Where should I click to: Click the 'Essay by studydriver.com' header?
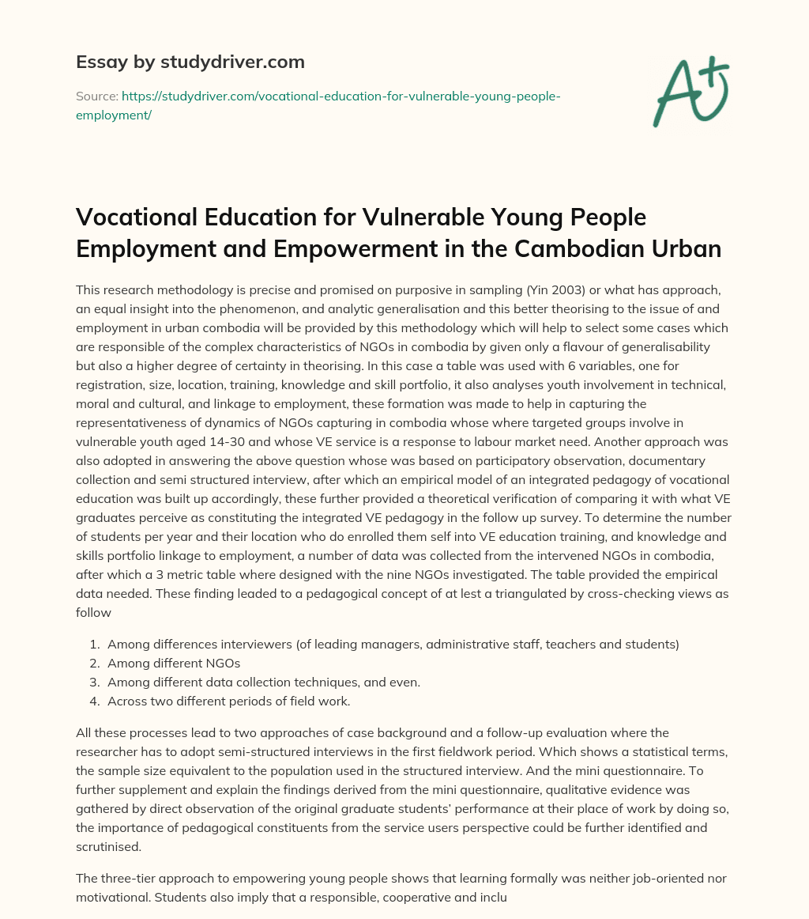coord(190,62)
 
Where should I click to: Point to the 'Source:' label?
coord(96,96)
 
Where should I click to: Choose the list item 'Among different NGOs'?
coord(174,663)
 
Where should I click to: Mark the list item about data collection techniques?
coord(257,682)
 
